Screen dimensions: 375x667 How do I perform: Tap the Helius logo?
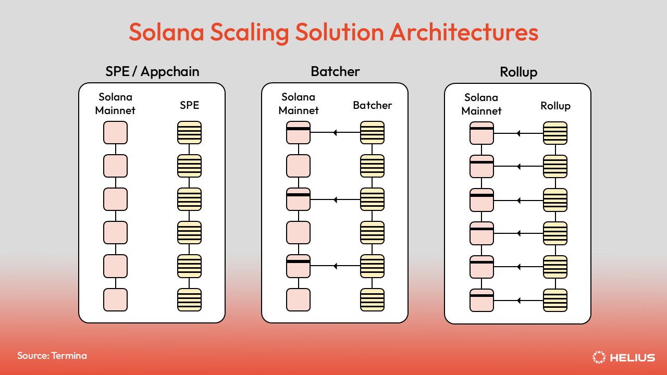coord(624,357)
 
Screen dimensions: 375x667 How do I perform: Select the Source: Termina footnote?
coord(52,356)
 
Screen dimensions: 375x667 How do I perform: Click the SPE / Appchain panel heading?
coord(152,71)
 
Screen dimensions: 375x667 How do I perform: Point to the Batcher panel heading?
coord(335,71)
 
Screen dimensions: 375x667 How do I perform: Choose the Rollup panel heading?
coord(518,72)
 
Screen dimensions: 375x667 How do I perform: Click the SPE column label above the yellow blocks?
coord(189,105)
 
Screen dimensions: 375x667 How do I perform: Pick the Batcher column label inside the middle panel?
coord(372,105)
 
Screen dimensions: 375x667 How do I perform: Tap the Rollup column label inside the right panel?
coord(555,106)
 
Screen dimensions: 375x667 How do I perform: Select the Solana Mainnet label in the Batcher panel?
coord(299,104)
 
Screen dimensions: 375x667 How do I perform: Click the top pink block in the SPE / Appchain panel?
coord(115,133)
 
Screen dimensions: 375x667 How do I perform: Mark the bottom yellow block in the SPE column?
coord(189,299)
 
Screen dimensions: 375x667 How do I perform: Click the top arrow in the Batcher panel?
coord(335,133)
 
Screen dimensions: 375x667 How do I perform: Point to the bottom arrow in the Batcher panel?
coord(335,266)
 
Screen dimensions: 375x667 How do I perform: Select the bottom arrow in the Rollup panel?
coord(518,300)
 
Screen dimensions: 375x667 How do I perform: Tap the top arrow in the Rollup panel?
coord(518,133)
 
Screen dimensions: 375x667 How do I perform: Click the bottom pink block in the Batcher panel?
coord(298,299)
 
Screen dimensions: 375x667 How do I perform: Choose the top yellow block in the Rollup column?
coord(555,133)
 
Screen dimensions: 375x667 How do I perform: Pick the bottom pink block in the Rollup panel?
coord(481,300)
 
